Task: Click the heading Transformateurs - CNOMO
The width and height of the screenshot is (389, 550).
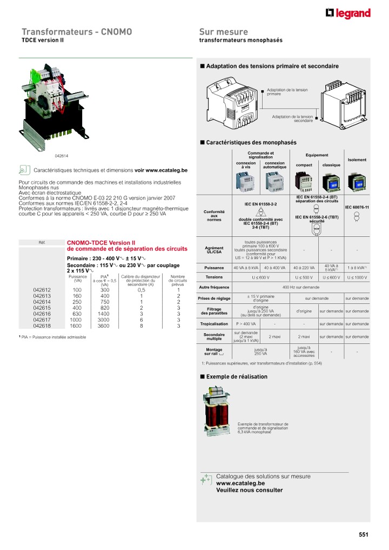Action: (77, 32)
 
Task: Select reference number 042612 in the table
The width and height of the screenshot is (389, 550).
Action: (42, 290)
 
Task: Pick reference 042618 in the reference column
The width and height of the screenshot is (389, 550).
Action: (42, 326)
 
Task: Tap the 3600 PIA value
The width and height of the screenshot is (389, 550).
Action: (105, 326)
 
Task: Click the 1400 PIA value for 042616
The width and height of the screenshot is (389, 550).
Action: (105, 314)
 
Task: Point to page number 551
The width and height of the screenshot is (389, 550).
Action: (363, 535)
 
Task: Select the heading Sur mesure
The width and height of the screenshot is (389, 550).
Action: (224, 32)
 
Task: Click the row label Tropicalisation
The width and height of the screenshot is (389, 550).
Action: (214, 324)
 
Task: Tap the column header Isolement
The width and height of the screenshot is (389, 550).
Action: (357, 160)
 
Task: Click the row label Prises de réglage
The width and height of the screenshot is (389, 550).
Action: (214, 299)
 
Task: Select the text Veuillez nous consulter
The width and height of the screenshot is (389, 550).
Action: (249, 490)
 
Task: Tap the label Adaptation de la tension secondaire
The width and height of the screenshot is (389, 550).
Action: (292, 118)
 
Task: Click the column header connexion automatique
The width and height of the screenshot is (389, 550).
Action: (274, 165)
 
